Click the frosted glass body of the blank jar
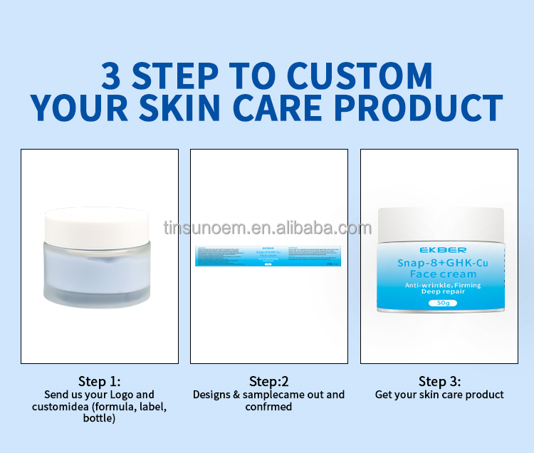[99, 274]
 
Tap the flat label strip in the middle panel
[268, 256]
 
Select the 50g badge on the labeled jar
[442, 303]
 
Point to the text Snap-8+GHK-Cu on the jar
[441, 262]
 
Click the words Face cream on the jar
[441, 274]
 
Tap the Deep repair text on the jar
[441, 292]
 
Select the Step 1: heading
[99, 381]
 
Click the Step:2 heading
[268, 381]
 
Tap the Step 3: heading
[439, 381]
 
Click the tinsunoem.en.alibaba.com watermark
[267, 228]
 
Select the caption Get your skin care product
[439, 395]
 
